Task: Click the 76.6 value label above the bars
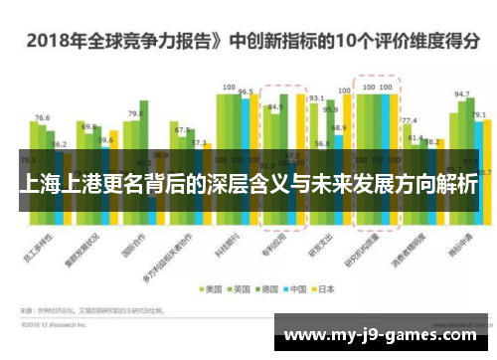[x=42, y=118]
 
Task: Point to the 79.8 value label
[x=135, y=114]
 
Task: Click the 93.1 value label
[x=316, y=98]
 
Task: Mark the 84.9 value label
[x=275, y=107]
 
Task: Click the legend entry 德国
[x=268, y=290]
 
